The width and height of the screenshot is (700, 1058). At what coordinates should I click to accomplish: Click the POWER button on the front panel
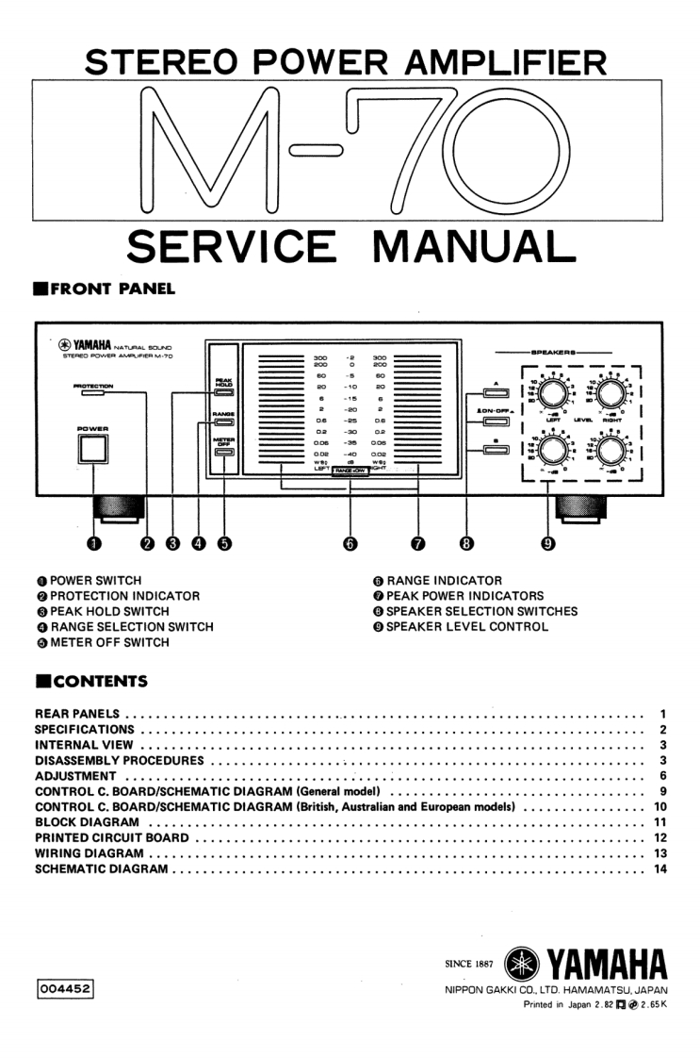93,450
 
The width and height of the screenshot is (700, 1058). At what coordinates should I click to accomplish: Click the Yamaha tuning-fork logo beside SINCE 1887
520,964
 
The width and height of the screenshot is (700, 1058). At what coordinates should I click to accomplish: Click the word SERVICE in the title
231,247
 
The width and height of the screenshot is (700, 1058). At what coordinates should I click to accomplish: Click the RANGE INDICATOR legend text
444,581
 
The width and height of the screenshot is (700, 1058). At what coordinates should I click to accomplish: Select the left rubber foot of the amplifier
118,507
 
